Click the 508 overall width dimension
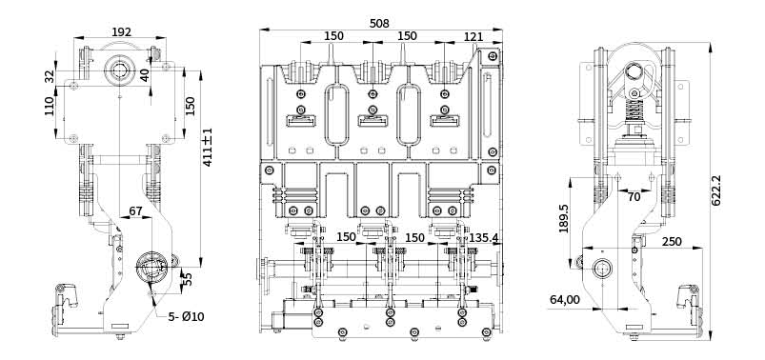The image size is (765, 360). [379, 23]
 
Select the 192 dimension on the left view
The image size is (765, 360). [122, 31]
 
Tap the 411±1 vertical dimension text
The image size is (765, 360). [208, 148]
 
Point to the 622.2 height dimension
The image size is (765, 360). [715, 190]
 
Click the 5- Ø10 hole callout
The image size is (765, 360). [186, 316]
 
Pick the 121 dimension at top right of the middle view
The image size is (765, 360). [473, 36]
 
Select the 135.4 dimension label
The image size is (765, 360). [484, 237]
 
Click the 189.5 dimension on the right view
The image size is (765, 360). [564, 218]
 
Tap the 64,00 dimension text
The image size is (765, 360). [565, 299]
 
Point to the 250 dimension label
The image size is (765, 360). [672, 242]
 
